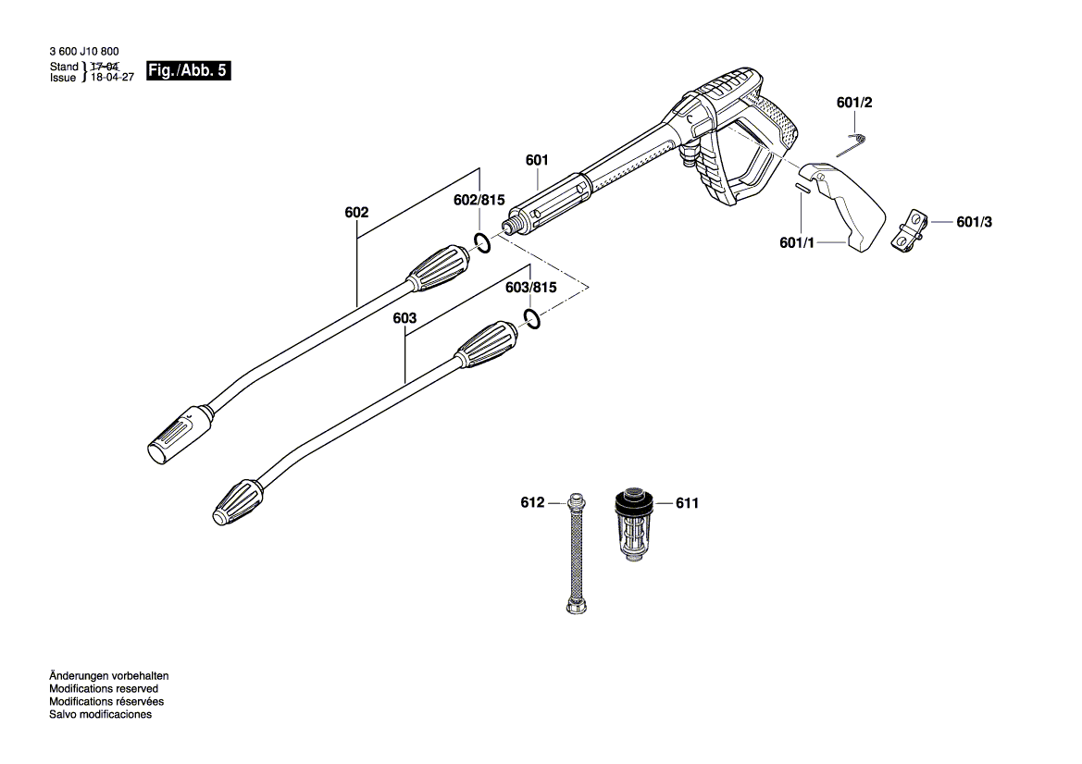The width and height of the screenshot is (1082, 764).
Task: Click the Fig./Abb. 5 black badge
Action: tap(187, 71)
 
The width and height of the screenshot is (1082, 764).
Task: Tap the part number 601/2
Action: tap(854, 104)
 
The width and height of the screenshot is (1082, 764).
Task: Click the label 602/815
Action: tap(479, 201)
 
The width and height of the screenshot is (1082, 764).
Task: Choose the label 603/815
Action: tap(531, 288)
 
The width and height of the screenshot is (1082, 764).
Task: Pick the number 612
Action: tap(532, 503)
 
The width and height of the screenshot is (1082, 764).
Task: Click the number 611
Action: tap(687, 503)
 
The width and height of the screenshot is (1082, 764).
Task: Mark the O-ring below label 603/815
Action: tap(531, 319)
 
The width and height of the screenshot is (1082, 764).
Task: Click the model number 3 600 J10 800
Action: tap(84, 53)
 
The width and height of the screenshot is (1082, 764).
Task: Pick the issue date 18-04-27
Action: tap(113, 79)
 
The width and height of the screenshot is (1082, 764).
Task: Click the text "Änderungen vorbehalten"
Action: tap(108, 676)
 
